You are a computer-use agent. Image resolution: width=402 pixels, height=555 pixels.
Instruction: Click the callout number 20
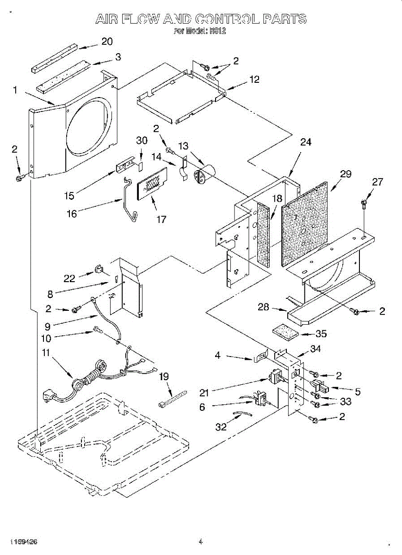107,42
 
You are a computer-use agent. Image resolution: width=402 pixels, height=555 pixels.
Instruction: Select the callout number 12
254,80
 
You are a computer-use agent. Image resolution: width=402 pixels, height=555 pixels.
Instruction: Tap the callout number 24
306,142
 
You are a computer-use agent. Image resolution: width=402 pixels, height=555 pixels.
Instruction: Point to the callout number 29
346,174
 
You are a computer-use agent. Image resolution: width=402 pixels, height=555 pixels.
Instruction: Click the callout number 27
377,182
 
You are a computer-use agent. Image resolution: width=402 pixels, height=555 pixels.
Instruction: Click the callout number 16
72,213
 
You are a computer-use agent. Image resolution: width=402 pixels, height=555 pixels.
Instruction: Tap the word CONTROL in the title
228,19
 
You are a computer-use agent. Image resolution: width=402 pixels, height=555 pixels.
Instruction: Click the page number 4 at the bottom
201,542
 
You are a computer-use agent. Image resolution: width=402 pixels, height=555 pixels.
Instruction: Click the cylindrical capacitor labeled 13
203,174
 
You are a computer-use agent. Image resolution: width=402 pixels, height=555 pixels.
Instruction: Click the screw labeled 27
364,202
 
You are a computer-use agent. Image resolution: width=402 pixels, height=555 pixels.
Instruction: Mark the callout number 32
221,426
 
